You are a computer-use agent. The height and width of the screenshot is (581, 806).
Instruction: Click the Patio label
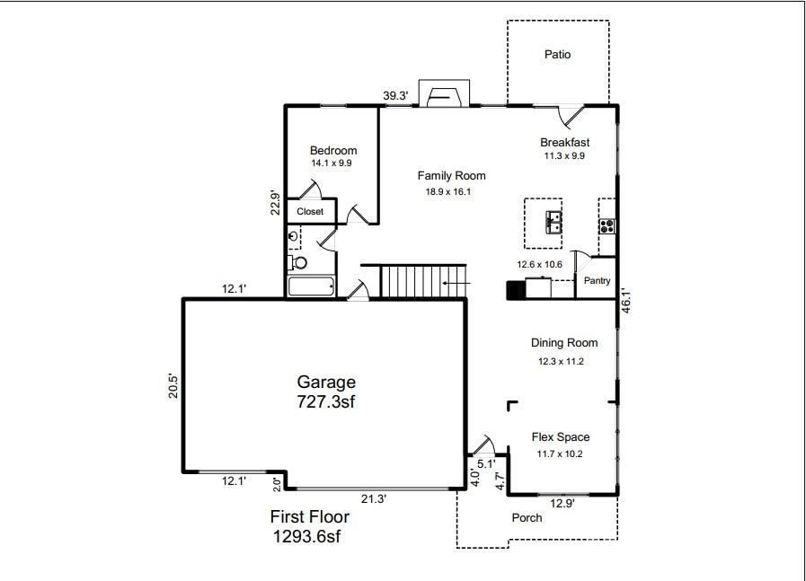557,55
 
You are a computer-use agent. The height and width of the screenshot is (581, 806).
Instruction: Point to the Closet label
310,212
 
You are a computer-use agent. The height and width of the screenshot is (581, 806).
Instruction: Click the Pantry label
597,281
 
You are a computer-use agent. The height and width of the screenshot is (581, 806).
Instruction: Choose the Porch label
527,518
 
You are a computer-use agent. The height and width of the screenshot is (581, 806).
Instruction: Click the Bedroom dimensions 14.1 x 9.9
332,163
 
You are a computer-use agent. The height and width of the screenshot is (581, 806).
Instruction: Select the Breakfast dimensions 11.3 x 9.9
564,155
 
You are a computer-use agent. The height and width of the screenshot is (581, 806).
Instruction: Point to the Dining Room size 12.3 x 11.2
562,361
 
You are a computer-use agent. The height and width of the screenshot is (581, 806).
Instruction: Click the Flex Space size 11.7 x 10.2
560,453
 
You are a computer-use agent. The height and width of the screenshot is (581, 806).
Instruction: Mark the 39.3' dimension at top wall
395,96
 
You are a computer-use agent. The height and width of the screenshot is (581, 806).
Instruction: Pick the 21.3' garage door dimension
373,498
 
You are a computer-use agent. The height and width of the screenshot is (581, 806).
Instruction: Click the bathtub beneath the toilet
311,287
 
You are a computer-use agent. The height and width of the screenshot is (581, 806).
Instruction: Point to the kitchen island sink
551,220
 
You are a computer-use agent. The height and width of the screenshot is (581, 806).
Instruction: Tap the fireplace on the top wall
446,95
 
